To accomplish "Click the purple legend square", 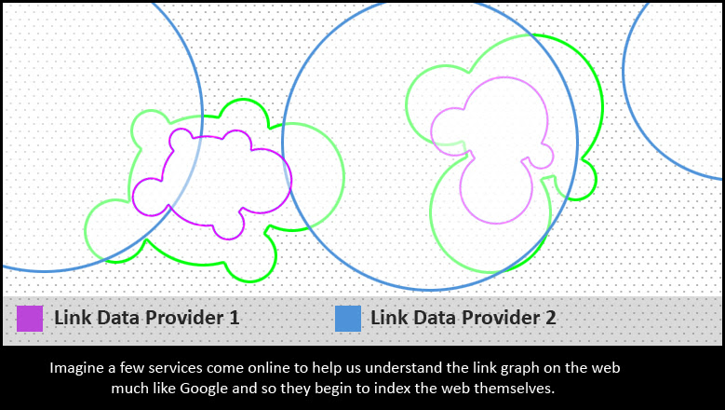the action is (x=30, y=319).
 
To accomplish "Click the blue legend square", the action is (x=348, y=319).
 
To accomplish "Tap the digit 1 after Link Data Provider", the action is (x=235, y=318).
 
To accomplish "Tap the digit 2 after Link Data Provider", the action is (x=550, y=318).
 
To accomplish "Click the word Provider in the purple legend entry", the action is (x=184, y=318).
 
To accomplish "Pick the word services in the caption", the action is (x=176, y=368).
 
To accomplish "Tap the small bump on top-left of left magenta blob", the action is (x=181, y=139).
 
